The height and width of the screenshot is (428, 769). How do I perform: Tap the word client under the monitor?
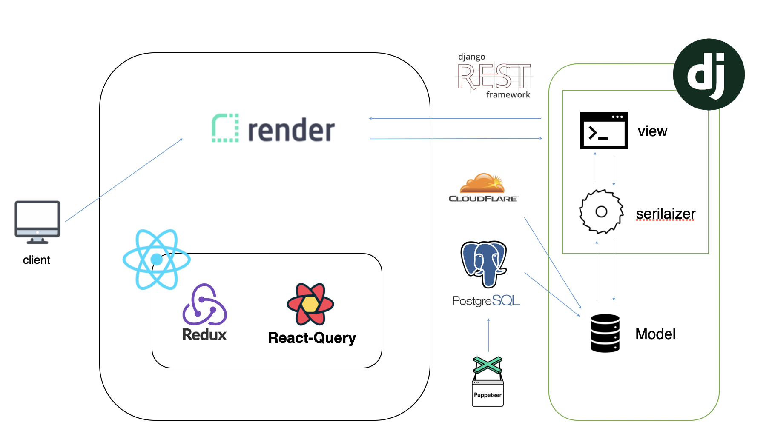click(x=36, y=260)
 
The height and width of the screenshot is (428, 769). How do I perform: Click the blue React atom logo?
click(x=156, y=260)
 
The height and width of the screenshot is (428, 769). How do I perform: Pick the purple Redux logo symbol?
click(x=204, y=305)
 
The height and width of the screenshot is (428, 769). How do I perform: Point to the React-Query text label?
click(x=312, y=338)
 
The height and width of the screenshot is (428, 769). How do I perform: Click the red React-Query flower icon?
click(x=310, y=304)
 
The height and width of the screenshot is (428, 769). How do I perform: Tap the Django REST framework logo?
click(x=494, y=76)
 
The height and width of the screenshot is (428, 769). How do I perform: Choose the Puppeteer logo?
click(x=488, y=382)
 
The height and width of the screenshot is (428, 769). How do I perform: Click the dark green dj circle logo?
click(x=709, y=74)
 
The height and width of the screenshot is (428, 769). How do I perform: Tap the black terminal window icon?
click(x=604, y=131)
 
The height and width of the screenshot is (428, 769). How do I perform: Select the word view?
click(x=652, y=131)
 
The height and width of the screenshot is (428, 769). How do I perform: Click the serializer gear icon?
click(x=601, y=211)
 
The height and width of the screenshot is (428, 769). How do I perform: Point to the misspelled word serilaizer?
click(x=666, y=214)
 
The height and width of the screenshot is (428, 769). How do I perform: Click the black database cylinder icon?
click(x=605, y=334)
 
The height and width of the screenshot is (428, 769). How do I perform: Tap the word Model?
click(x=655, y=334)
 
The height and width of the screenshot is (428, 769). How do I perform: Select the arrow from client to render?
click(x=124, y=180)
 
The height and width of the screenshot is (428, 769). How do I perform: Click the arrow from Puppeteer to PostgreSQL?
click(x=488, y=335)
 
